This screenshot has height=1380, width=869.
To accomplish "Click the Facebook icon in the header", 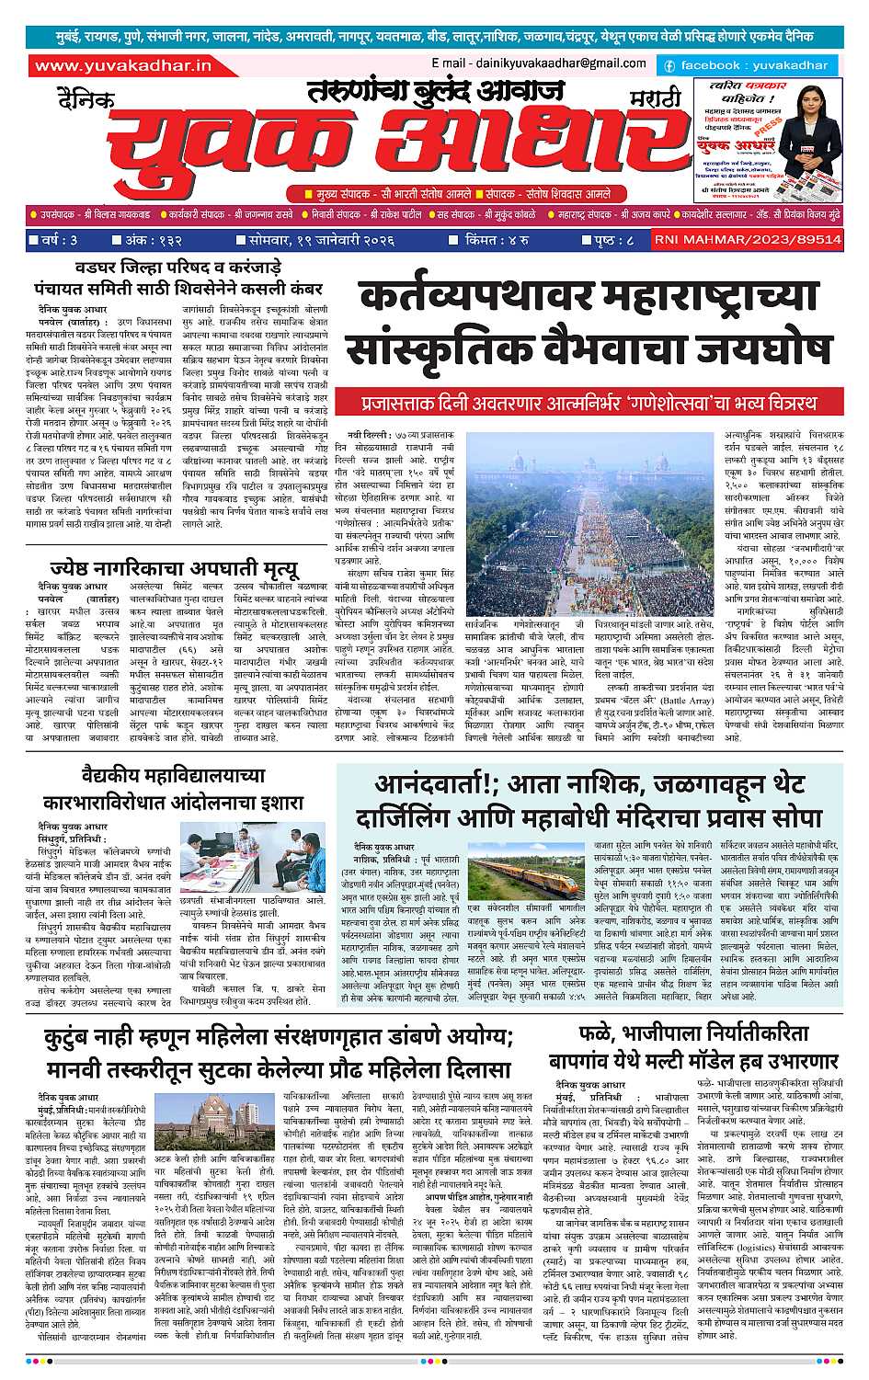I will [669, 66].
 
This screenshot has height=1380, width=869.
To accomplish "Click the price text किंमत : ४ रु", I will [496, 240].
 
